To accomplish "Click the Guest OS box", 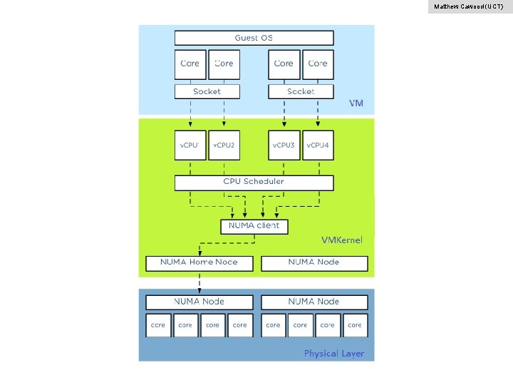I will coord(254,38).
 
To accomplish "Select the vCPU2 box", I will coord(224,145).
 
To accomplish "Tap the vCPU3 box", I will coord(284,145).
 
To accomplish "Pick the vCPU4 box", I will coord(318,145).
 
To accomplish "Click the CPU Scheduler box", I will coord(254,182).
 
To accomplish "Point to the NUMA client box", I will coord(254,226).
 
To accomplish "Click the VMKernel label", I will coord(342,240).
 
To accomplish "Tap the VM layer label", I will coord(356,103).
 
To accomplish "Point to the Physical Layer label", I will coord(333,354).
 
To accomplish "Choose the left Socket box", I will coord(207,91).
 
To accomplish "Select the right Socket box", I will coord(301,91).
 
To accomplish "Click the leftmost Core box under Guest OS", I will coord(190,63).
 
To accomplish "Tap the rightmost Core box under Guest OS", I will coord(318,63).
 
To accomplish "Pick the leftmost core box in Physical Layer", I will coord(157,325).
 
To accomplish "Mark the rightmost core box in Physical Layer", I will coord(355,325).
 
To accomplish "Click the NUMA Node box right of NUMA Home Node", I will coord(314,262).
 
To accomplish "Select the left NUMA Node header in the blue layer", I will coord(199,302).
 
